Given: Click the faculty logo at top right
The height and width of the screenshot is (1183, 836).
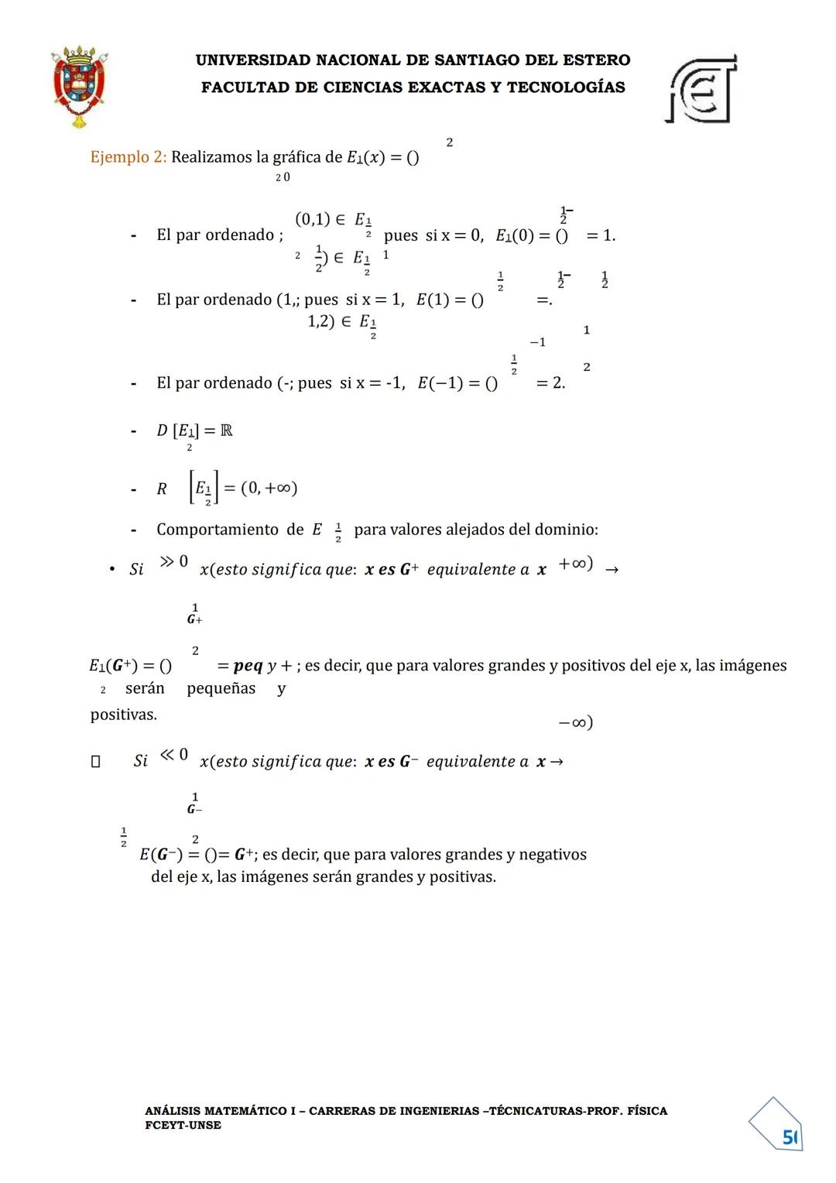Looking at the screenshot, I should (x=701, y=88).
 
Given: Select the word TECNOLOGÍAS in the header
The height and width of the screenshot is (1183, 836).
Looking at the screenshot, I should (x=566, y=87).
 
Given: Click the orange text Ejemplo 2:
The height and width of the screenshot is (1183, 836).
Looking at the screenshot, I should (x=128, y=157).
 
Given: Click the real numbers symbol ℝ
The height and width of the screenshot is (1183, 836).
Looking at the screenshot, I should (x=226, y=430).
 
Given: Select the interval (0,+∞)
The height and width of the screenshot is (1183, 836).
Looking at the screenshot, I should (x=269, y=488).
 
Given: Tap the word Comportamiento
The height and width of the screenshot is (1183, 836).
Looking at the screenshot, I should (x=218, y=530).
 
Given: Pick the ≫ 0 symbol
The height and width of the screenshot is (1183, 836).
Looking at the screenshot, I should (x=173, y=561).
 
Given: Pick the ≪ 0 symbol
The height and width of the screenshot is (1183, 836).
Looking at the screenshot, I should (x=173, y=754).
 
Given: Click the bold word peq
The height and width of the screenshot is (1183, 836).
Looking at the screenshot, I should (x=248, y=666).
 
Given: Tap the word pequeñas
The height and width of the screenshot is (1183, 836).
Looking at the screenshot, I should (x=221, y=688).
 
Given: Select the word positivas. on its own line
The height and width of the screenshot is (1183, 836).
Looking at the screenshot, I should (x=123, y=715).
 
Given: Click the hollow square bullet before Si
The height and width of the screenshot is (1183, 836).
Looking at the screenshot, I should (x=95, y=762).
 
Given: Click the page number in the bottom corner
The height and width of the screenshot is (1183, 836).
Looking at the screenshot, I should (x=789, y=1137).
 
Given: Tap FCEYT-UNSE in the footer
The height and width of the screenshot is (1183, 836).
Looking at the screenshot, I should (x=183, y=1125).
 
